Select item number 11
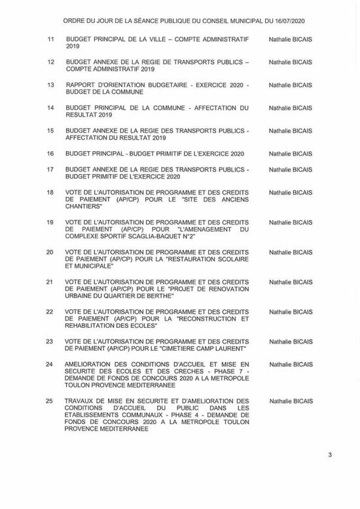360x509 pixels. point(50,40)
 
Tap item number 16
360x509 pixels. point(50,154)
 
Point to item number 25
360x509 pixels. point(50,401)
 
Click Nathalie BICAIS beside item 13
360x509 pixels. point(290,85)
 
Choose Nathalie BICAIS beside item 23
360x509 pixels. point(290,342)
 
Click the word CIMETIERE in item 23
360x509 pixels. point(173,349)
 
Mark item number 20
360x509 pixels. point(50,252)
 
